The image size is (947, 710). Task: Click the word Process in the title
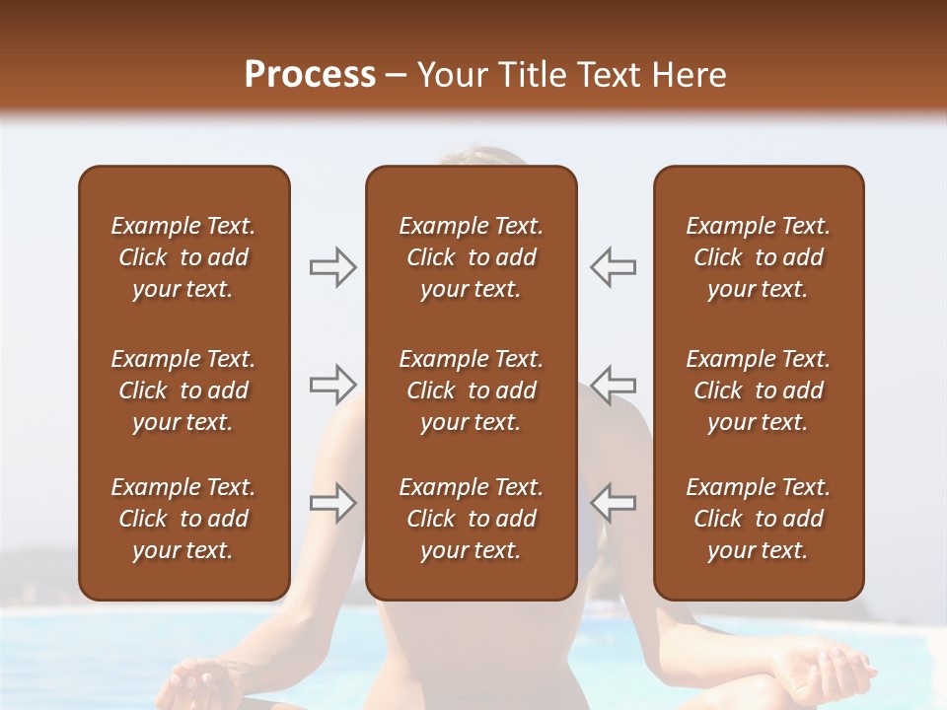[310, 75]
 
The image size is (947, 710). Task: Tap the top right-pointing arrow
[332, 267]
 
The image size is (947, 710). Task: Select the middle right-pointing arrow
[332, 384]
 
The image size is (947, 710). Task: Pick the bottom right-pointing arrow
[332, 502]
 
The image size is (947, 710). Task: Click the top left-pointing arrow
[613, 267]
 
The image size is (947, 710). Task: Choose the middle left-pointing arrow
[613, 384]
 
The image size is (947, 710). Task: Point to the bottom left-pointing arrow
[613, 502]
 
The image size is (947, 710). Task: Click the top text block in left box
[183, 257]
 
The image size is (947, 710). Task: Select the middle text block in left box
[183, 390]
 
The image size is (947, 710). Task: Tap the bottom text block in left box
[183, 519]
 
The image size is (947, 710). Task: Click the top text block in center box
[471, 257]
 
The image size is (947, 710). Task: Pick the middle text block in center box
[471, 390]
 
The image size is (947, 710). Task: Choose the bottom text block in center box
[471, 519]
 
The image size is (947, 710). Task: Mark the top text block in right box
[758, 257]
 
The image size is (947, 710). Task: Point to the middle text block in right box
[758, 390]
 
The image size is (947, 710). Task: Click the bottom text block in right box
[758, 519]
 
